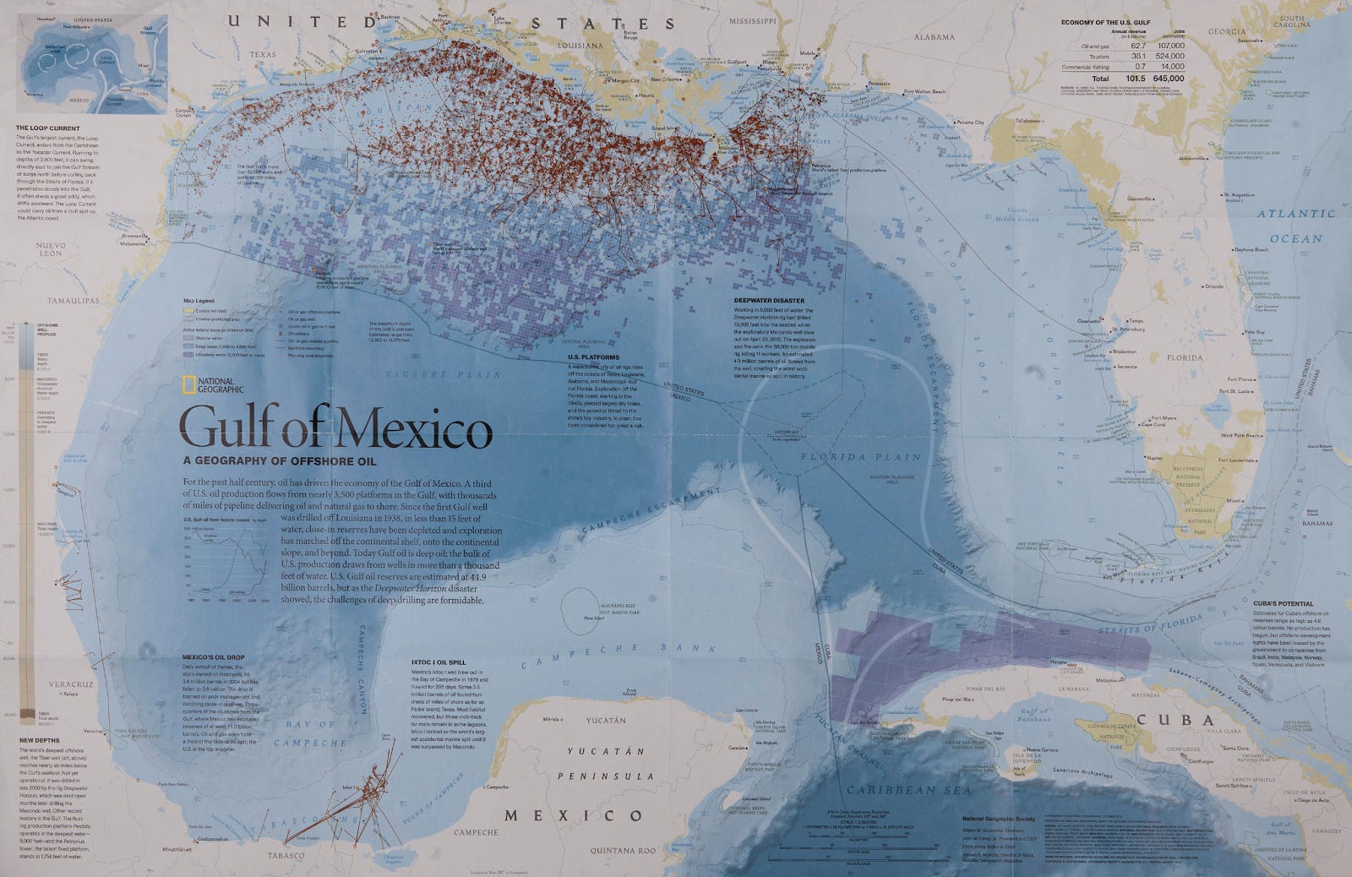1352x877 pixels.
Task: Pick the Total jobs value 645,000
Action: [1166, 79]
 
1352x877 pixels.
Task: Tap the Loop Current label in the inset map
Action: [106, 60]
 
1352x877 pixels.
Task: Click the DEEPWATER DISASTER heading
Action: [770, 300]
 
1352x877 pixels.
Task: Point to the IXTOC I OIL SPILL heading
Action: [439, 662]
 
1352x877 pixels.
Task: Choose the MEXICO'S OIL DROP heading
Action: [213, 657]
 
